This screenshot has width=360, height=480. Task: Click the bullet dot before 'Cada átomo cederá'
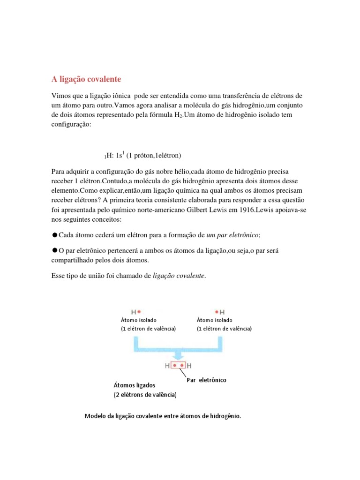tap(54, 234)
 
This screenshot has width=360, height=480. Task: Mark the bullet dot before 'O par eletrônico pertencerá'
tap(54, 251)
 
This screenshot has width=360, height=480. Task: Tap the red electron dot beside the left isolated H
tap(139, 312)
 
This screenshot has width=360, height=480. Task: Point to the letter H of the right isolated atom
tap(222, 312)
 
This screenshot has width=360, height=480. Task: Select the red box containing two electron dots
tap(179, 365)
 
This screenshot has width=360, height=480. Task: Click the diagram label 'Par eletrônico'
tap(206, 380)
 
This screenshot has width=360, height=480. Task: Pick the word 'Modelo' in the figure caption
tap(95, 416)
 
